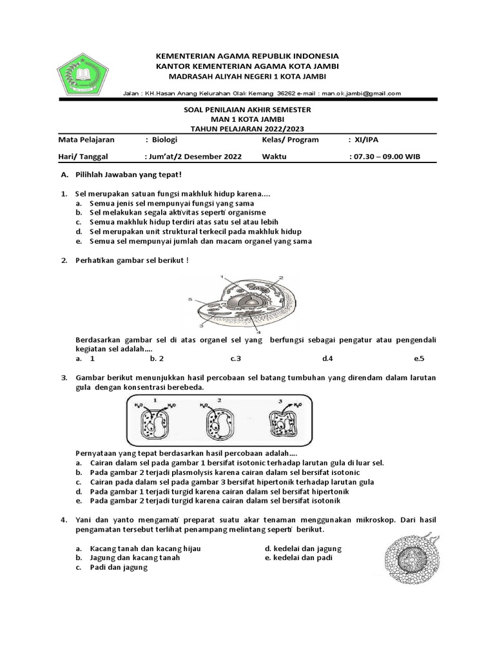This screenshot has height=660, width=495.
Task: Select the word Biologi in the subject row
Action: tap(165, 139)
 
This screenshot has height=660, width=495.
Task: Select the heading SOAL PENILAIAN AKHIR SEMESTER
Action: tap(247, 110)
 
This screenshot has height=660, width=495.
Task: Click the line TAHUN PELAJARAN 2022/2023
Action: tap(247, 128)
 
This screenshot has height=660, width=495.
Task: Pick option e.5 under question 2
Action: tap(420, 358)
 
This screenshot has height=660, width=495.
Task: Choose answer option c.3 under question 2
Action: tap(235, 358)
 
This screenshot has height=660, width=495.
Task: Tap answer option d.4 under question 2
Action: tap(327, 358)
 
